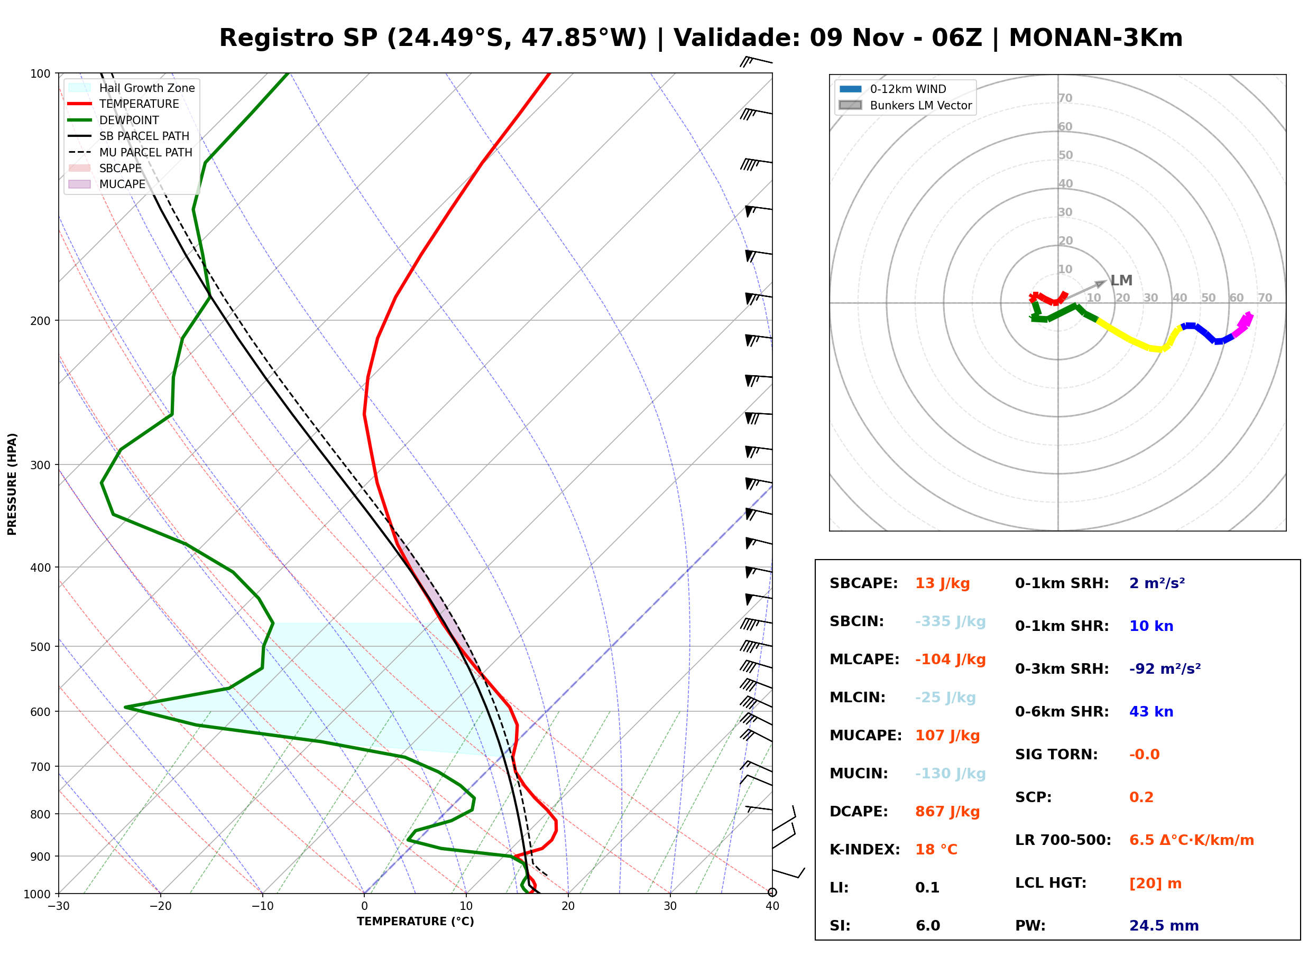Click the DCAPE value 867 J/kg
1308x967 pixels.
pyautogui.click(x=947, y=812)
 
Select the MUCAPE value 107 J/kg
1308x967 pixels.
pyautogui.click(x=947, y=736)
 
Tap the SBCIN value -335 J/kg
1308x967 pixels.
pyautogui.click(x=950, y=621)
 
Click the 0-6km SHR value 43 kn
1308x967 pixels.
pyautogui.click(x=1151, y=712)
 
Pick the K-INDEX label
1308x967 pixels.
pyautogui.click(x=865, y=850)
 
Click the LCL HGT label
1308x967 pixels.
pyautogui.click(x=1051, y=884)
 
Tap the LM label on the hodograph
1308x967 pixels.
pyautogui.click(x=1121, y=281)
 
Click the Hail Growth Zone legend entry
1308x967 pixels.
pyautogui.click(x=132, y=88)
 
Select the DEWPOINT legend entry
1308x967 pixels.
pyautogui.click(x=114, y=120)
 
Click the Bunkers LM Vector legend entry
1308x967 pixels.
pyautogui.click(x=906, y=105)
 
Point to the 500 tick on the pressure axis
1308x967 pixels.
pyautogui.click(x=41, y=647)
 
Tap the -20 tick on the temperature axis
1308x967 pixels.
pyautogui.click(x=160, y=907)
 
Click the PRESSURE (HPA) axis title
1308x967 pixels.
pyautogui.click(x=12, y=484)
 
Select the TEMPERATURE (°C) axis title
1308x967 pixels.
pyautogui.click(x=416, y=922)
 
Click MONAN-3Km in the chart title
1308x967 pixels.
pyautogui.click(x=1095, y=38)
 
